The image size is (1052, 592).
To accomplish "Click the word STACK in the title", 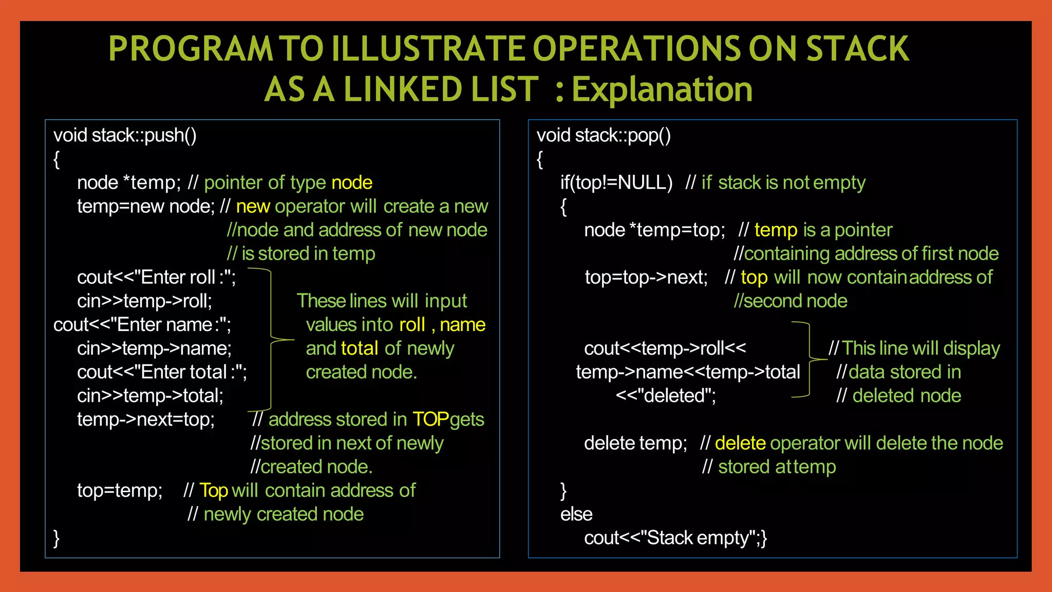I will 857,49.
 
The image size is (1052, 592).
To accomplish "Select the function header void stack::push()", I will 125,135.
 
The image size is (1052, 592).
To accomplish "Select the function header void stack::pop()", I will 604,135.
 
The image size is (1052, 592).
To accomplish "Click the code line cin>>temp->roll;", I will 144,301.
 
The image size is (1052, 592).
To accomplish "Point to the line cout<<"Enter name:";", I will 142,325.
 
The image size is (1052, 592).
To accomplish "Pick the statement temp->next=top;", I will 146,419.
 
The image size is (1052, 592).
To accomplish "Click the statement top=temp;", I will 120,490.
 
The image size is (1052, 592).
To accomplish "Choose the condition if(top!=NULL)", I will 616,182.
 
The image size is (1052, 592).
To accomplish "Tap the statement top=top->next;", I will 646,277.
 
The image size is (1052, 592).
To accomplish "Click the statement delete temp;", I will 635,443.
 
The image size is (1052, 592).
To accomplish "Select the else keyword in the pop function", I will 576,514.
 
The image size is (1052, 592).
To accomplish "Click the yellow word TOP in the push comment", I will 430,419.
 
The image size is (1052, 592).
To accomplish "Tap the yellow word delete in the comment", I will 740,443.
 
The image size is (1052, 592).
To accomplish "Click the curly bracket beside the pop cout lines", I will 810,360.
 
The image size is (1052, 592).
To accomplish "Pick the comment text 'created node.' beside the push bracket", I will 361,372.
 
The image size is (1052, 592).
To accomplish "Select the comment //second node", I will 791,301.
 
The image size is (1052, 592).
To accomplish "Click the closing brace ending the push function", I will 57,538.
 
